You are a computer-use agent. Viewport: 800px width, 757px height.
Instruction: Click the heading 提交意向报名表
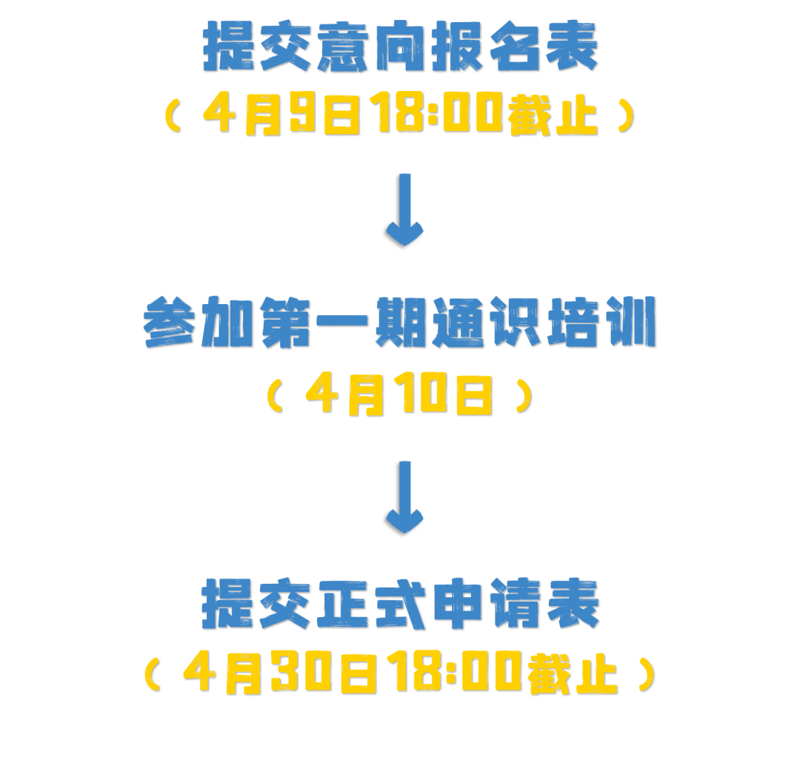(x=400, y=46)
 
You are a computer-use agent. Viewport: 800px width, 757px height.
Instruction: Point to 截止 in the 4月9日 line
(x=553, y=117)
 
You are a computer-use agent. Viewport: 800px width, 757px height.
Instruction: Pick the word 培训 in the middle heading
(x=601, y=323)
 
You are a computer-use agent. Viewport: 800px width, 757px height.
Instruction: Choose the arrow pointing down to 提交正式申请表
(x=404, y=496)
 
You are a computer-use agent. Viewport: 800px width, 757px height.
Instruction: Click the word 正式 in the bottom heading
(x=371, y=604)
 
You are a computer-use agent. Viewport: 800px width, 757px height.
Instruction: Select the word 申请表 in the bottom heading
(x=515, y=604)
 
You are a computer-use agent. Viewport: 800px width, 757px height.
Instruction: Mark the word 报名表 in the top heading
(x=514, y=46)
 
